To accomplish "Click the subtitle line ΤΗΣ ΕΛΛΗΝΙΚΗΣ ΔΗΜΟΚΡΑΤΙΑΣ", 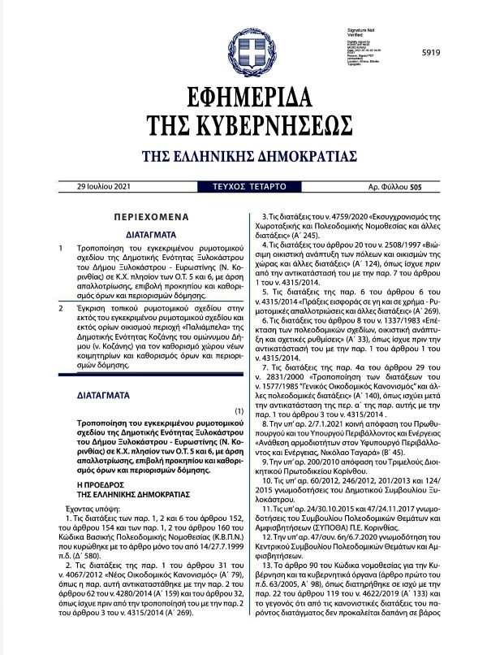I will coord(243,154).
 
